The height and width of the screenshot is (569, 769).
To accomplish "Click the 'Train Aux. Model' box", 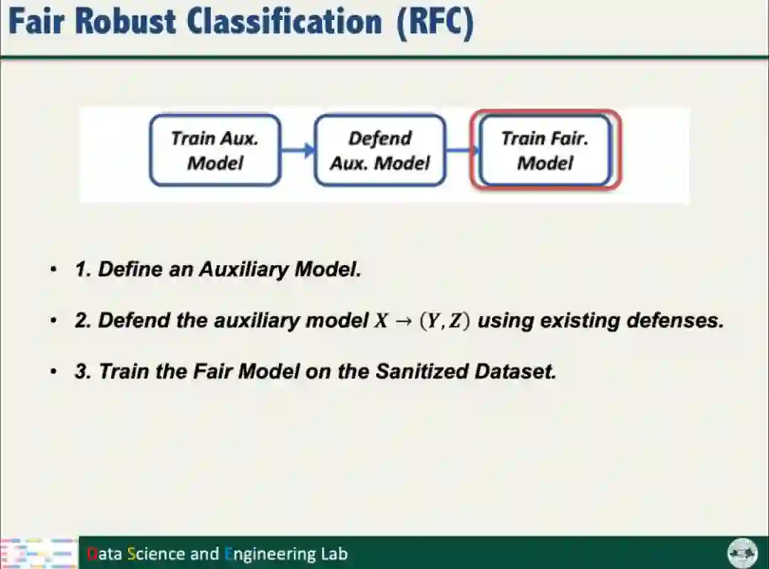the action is (215, 150).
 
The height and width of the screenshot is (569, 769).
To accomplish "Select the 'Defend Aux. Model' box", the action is (380, 150).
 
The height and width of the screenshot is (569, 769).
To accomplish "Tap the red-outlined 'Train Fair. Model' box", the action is (545, 150).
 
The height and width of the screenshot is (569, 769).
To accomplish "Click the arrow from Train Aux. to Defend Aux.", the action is (298, 150).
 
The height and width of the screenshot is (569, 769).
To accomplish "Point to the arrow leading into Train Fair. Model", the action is (463, 150).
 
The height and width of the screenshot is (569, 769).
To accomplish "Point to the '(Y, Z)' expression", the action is (444, 321).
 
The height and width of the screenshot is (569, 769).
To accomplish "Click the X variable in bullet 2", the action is (382, 321).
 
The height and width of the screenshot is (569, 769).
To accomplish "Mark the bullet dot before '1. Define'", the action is (53, 270).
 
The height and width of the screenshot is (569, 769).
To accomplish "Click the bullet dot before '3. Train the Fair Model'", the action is (53, 372).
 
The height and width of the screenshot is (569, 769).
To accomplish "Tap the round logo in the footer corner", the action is (741, 553).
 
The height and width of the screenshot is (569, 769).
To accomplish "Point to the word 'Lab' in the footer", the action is (335, 554).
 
